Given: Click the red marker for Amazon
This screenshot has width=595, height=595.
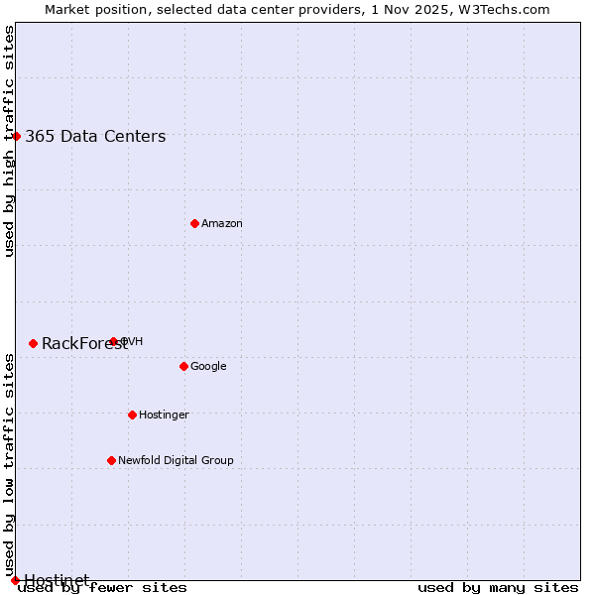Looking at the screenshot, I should click(x=194, y=223).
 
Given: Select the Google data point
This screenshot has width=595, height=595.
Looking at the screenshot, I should click(x=183, y=366).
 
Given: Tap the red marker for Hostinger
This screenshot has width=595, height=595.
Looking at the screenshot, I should click(x=132, y=415).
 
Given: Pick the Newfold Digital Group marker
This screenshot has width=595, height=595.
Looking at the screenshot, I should click(x=111, y=460).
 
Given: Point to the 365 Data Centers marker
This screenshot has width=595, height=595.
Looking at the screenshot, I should click(x=17, y=136).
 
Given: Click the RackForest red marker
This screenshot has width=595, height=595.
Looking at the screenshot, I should click(x=33, y=343).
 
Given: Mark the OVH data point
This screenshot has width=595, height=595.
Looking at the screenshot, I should click(x=113, y=341).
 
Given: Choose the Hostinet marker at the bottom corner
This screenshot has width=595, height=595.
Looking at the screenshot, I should click(x=15, y=579).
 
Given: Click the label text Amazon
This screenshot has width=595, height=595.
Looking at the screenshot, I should click(x=222, y=224).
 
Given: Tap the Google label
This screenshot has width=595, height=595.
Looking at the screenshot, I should click(x=208, y=367).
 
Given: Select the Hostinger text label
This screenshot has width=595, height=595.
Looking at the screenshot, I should click(x=164, y=416).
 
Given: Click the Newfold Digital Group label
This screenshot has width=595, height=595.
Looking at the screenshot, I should click(x=176, y=461).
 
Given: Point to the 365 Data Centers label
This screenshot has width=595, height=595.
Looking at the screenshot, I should click(x=95, y=137).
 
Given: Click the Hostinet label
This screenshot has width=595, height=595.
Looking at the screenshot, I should click(x=57, y=579).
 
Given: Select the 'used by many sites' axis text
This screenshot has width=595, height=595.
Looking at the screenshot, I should click(x=498, y=588).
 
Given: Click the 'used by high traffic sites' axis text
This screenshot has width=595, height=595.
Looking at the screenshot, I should click(x=10, y=141).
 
